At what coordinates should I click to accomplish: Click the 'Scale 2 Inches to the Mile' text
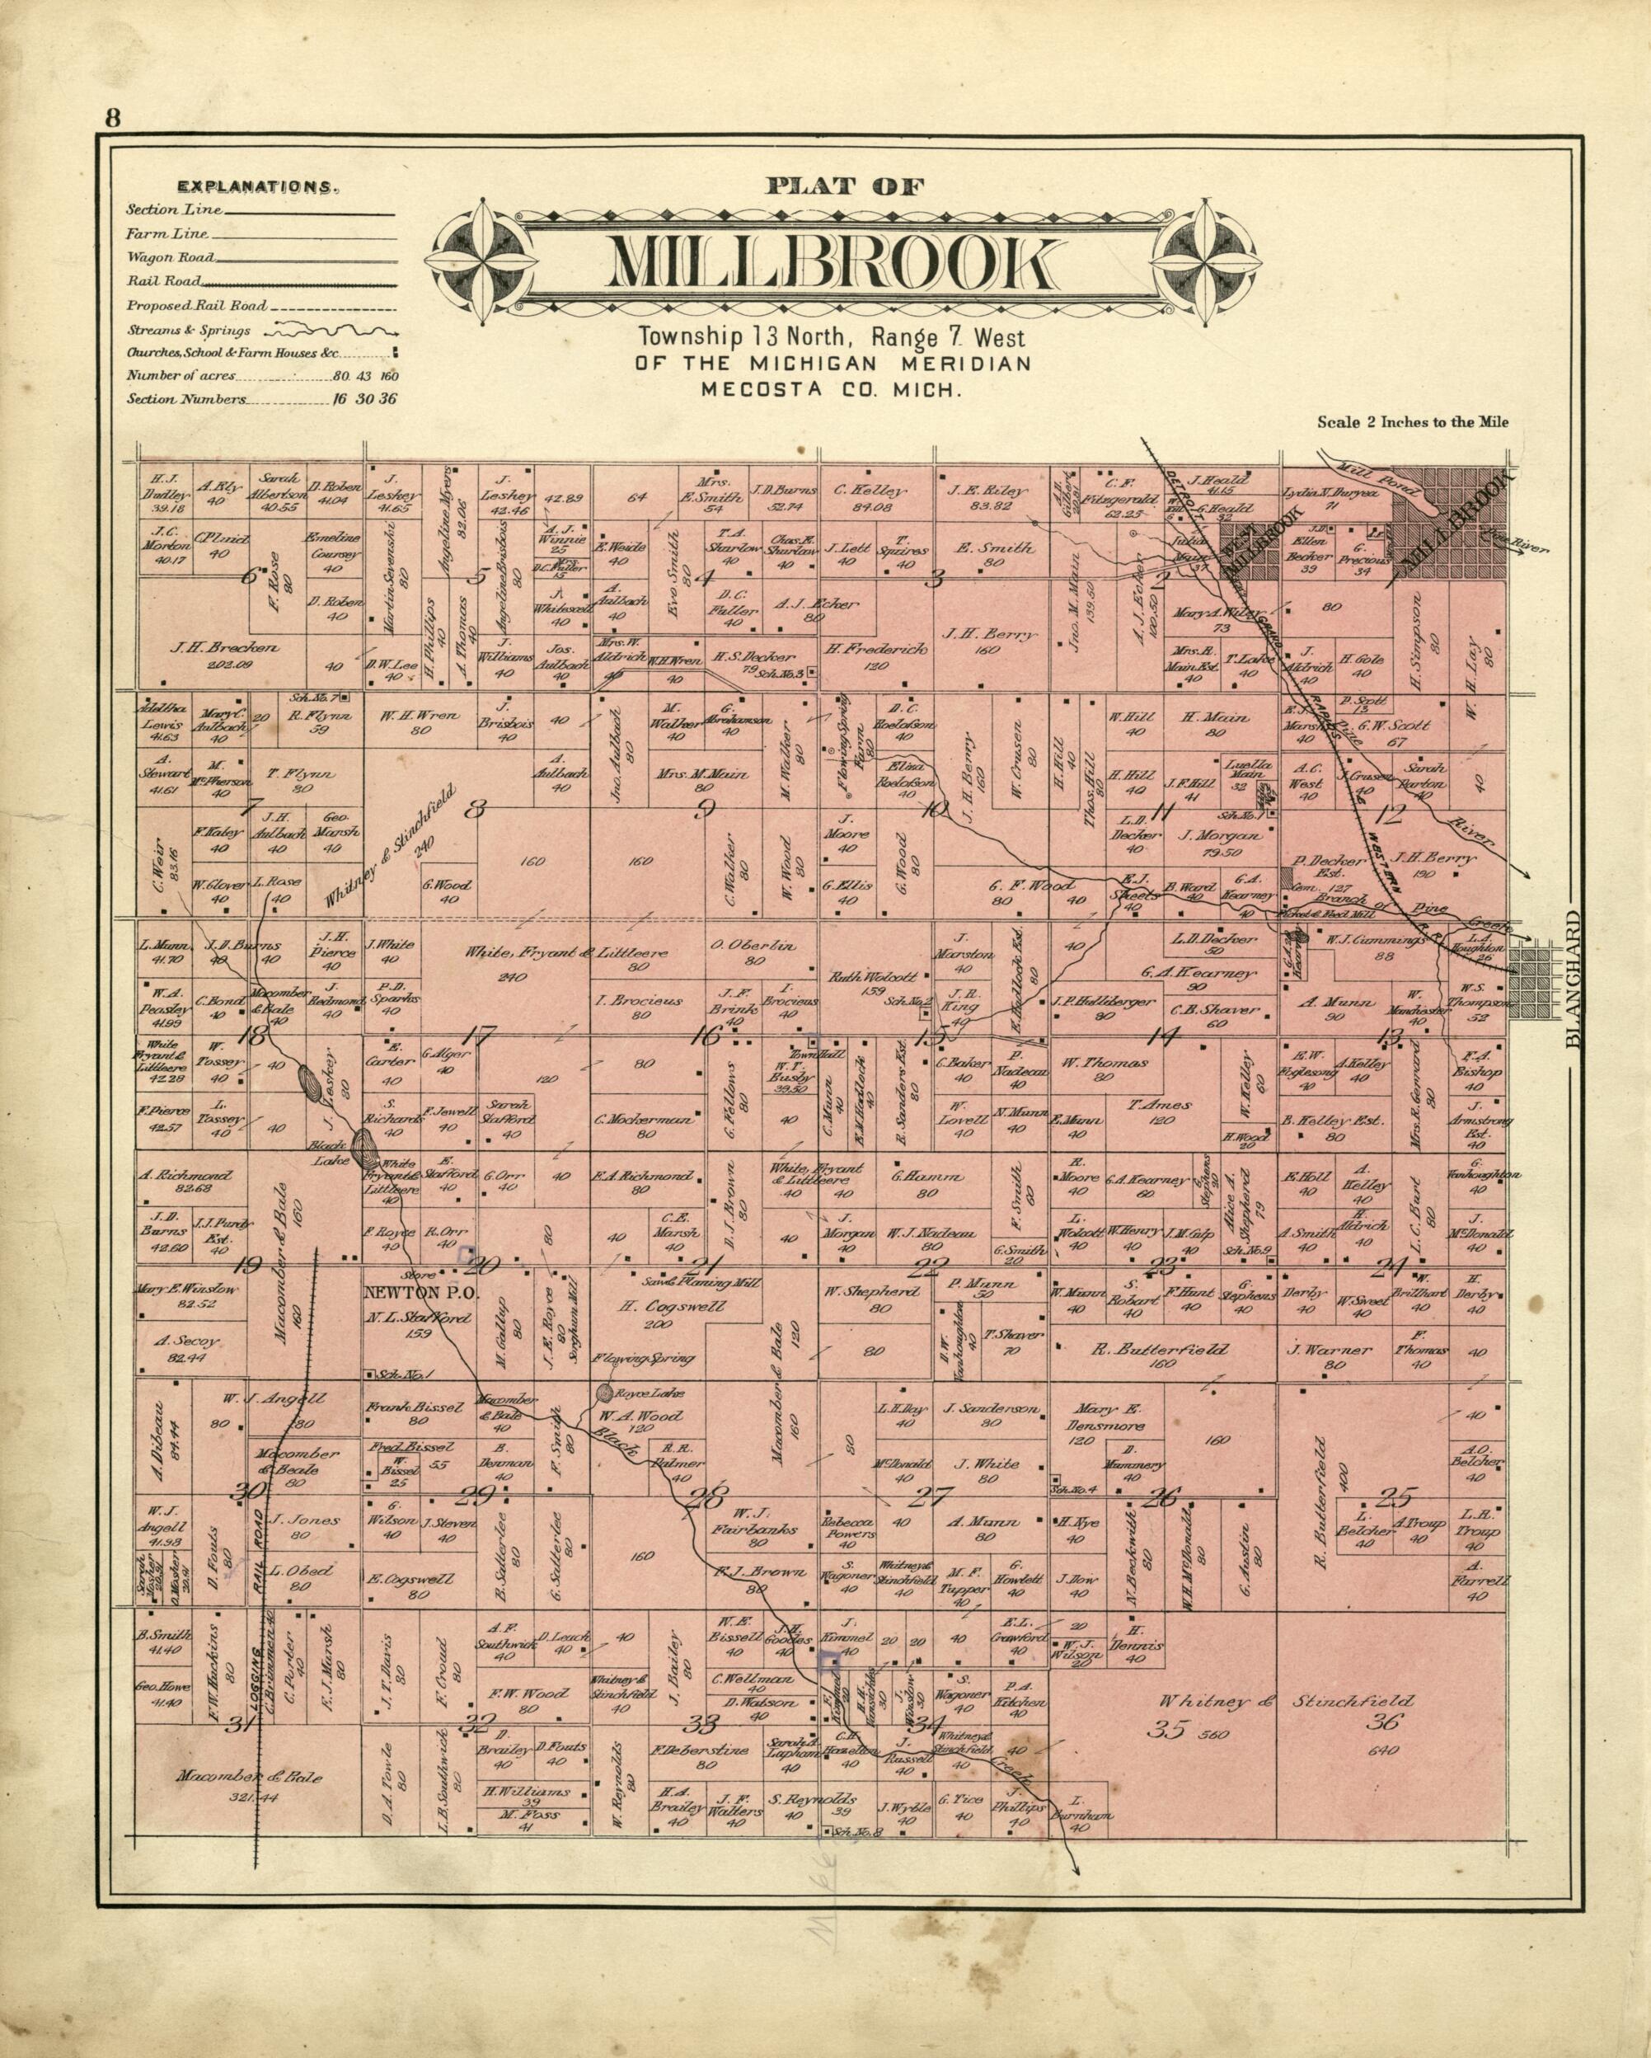tap(1413, 422)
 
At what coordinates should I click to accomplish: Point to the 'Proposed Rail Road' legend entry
tap(197, 307)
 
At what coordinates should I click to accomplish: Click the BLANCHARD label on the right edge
tap(1573, 979)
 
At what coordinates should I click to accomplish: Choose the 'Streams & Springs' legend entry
tap(189, 331)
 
